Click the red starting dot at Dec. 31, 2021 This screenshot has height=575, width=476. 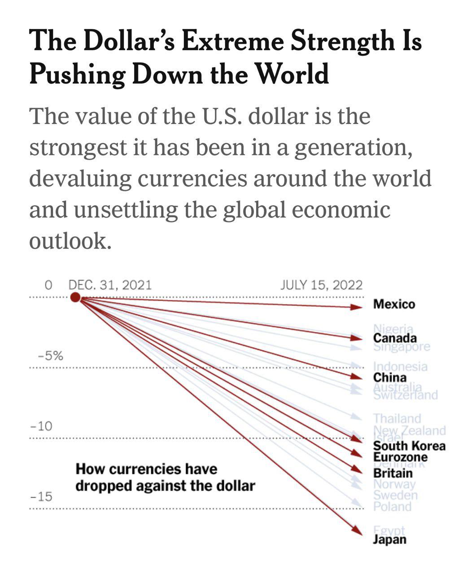(75, 297)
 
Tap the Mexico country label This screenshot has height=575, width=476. (394, 305)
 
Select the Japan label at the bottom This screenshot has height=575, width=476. (389, 540)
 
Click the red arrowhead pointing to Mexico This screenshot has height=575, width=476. (356, 307)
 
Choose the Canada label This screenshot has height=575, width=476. (395, 338)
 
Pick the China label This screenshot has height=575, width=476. (390, 377)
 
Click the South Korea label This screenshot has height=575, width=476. (409, 446)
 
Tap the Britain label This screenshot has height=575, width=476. (393, 473)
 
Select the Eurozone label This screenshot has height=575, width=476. (400, 457)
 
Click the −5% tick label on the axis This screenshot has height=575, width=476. (50, 356)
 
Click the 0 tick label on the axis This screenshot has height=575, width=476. (49, 285)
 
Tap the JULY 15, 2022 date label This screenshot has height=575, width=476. (321, 285)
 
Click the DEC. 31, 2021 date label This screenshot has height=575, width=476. (110, 285)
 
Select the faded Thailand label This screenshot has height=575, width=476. (397, 419)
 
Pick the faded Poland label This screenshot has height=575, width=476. (392, 507)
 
